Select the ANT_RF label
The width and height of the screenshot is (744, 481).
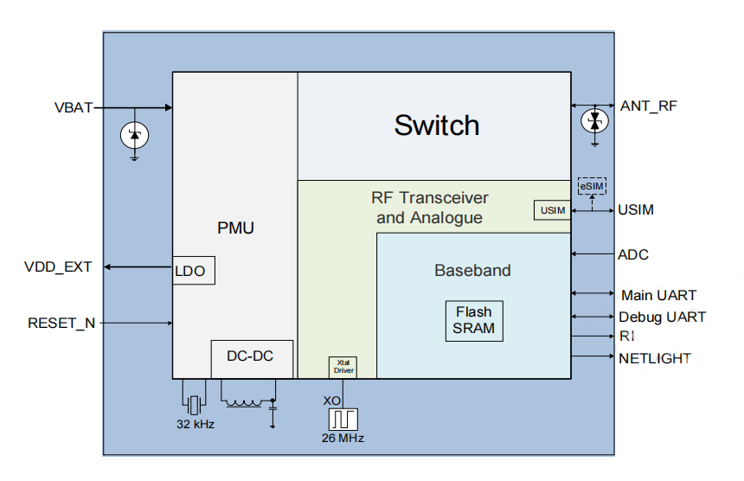click(x=649, y=106)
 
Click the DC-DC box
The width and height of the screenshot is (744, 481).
click(x=251, y=356)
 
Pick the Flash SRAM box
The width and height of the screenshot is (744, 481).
click(x=473, y=320)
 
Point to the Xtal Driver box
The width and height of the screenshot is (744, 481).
click(x=343, y=367)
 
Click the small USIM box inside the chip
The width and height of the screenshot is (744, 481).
click(x=552, y=210)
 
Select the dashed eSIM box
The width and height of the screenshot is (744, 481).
click(x=592, y=186)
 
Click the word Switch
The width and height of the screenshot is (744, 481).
click(x=437, y=125)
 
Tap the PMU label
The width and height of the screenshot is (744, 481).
click(x=235, y=228)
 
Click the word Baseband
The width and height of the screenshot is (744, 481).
click(x=472, y=271)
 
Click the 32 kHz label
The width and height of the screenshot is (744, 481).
click(x=196, y=425)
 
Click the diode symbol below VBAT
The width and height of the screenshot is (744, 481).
click(x=134, y=135)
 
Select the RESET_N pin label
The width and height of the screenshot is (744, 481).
click(x=61, y=324)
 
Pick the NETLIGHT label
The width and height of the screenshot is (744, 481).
click(x=655, y=358)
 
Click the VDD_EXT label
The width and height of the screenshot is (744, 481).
click(x=58, y=266)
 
